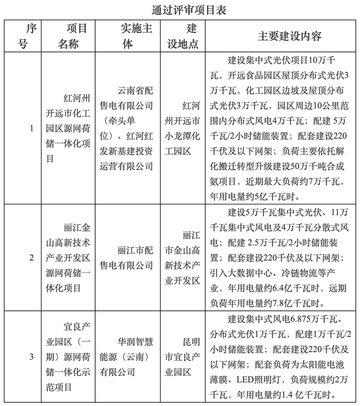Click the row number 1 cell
pyautogui.click(x=31, y=128)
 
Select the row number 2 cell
pyautogui.click(x=31, y=257)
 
